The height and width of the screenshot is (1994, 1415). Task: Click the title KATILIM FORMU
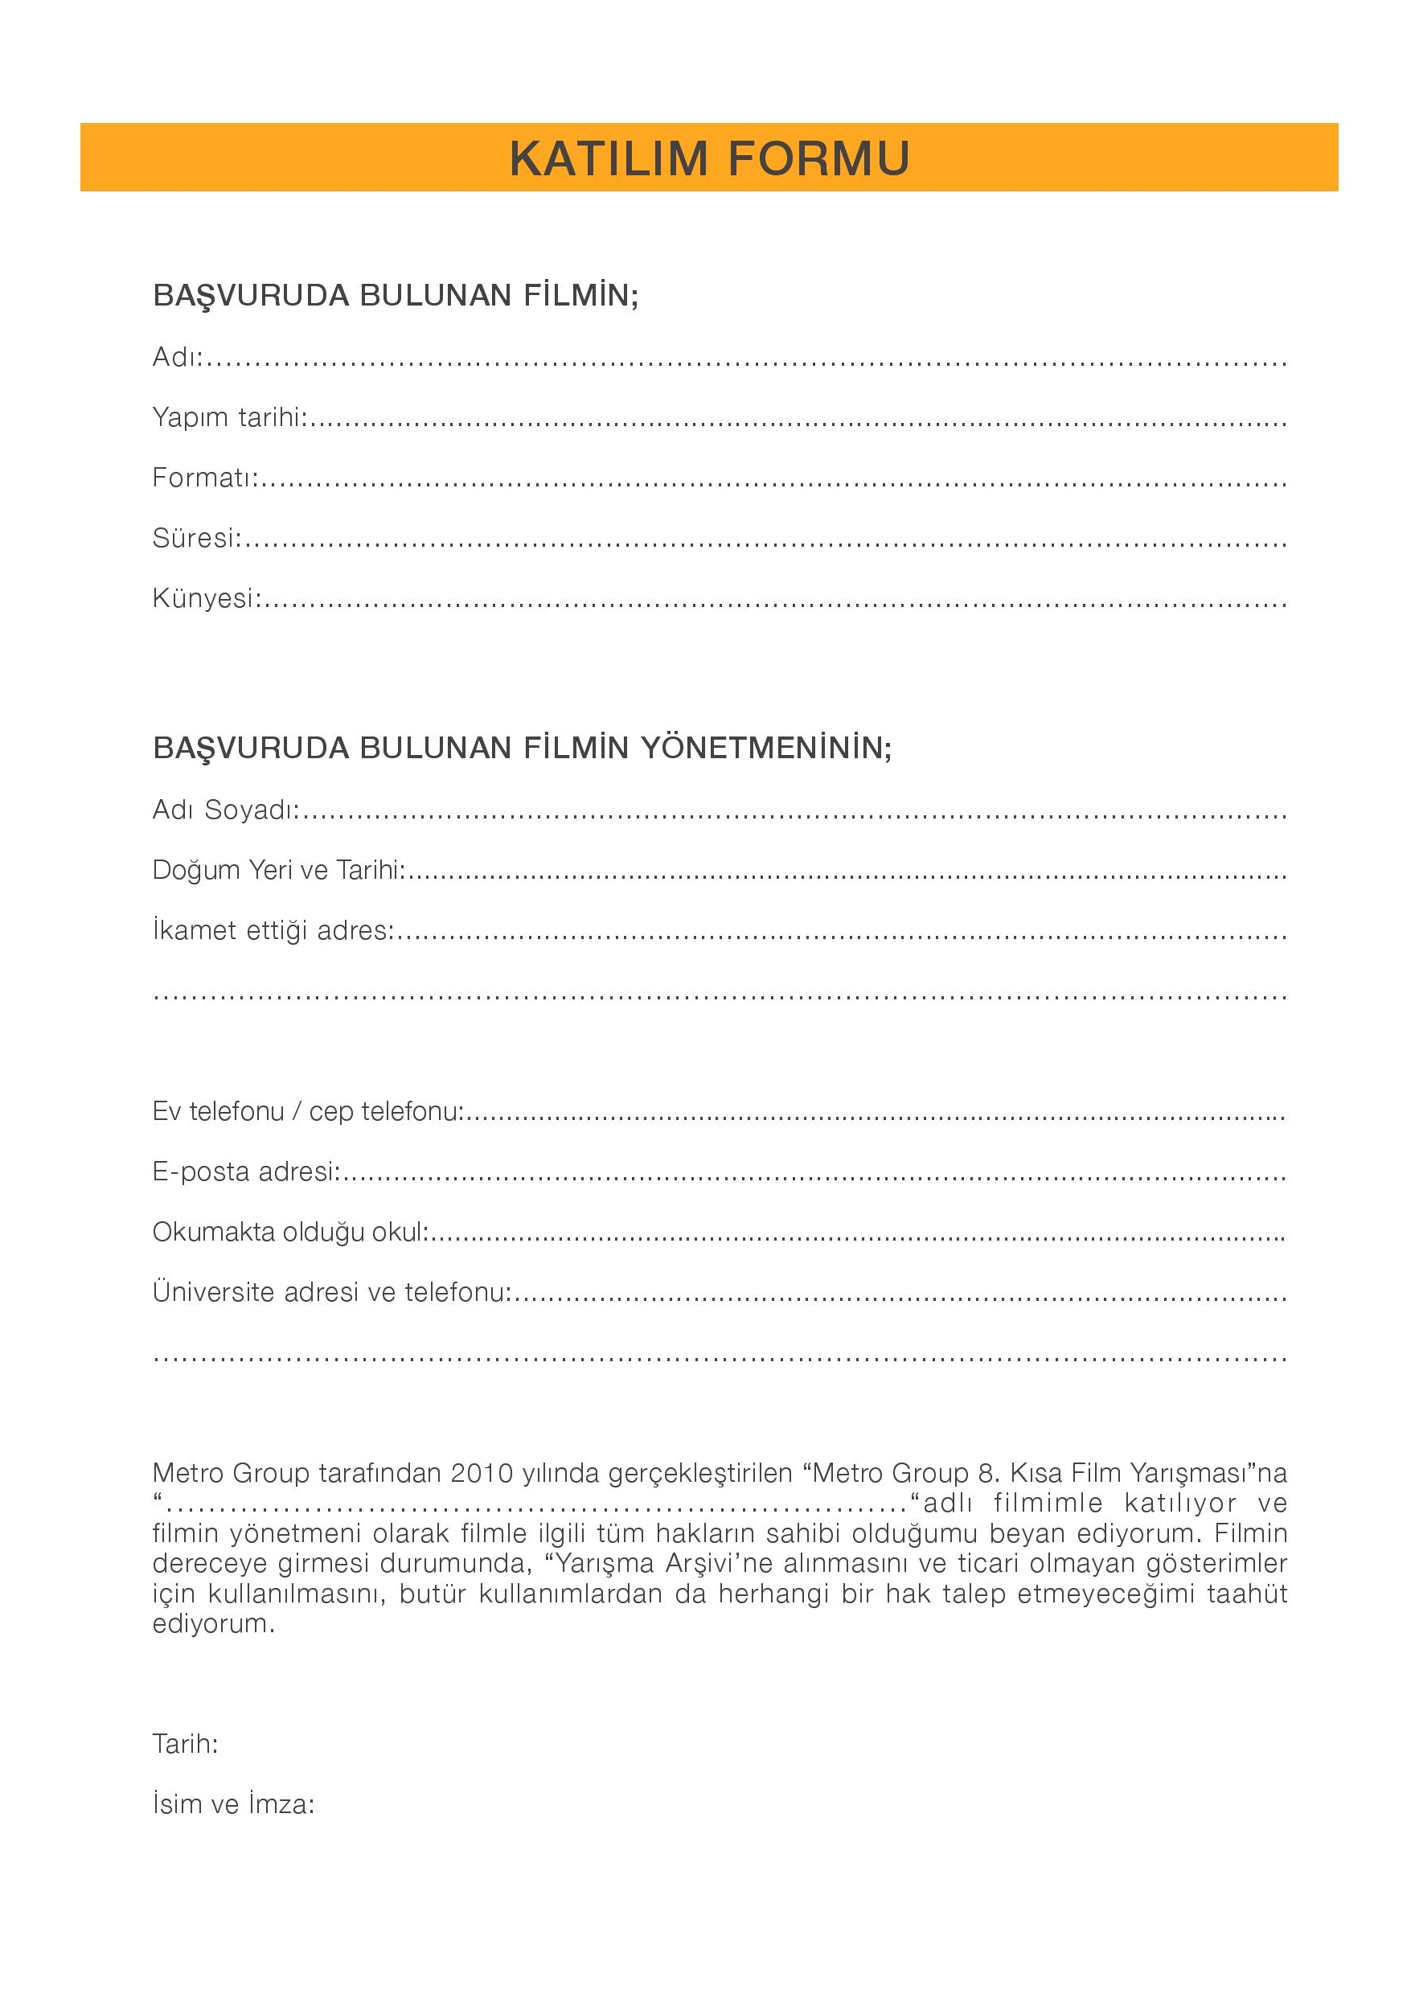coord(709,158)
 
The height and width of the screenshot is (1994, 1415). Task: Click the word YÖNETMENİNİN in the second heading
coord(766,749)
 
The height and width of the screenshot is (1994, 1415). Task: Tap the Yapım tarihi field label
coord(229,418)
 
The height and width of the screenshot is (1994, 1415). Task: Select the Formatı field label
coord(205,478)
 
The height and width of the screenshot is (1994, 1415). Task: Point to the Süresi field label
coord(196,539)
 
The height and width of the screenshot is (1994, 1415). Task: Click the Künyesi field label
coord(207,598)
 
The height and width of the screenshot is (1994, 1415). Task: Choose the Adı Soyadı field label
coord(225,810)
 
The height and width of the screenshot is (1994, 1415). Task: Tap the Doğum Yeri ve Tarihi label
coord(278,870)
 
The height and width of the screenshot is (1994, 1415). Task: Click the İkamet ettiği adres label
coord(273,931)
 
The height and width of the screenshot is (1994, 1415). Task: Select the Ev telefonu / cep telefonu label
coord(306,1111)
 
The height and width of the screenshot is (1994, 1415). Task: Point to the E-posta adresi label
coord(245,1172)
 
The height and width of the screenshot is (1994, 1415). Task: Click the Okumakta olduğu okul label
coord(289,1233)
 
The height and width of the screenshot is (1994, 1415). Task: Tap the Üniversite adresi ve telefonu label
coord(331,1293)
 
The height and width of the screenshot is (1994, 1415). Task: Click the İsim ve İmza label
coord(232,1804)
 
